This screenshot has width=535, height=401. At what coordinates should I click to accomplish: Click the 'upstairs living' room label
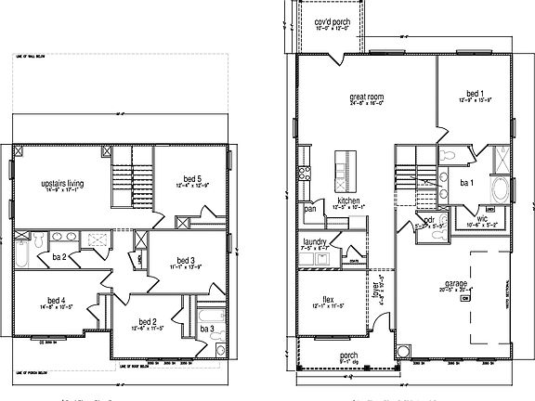[x=63, y=185]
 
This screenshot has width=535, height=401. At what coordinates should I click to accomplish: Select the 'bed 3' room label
[x=186, y=261]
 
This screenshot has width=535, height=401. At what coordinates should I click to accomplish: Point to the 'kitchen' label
[x=348, y=200]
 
